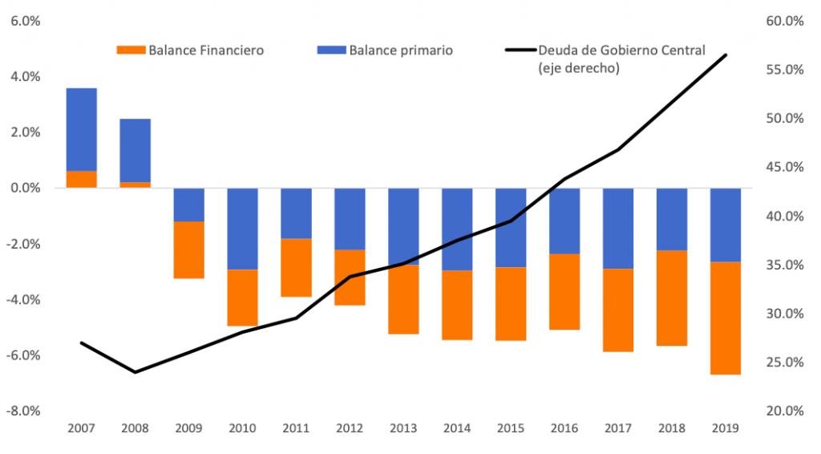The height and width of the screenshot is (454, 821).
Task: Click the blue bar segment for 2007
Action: click(x=81, y=130)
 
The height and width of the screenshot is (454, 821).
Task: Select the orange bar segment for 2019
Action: click(x=725, y=318)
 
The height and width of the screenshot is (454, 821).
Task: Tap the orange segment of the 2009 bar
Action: click(x=188, y=249)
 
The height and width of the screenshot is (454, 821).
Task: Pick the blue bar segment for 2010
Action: click(x=242, y=229)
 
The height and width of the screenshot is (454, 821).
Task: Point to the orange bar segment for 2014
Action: click(x=457, y=306)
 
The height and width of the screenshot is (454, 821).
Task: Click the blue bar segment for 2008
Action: click(x=135, y=150)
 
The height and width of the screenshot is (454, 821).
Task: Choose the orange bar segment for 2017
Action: click(x=618, y=310)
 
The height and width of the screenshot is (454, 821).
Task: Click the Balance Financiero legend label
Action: click(x=206, y=51)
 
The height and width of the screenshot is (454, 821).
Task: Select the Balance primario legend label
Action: click(x=401, y=51)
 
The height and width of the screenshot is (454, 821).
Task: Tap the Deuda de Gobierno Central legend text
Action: click(x=621, y=51)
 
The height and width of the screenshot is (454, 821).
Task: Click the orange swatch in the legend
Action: click(x=131, y=51)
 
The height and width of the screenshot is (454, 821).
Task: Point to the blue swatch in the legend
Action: click(x=331, y=51)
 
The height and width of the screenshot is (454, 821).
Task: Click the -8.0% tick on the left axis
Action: click(x=23, y=411)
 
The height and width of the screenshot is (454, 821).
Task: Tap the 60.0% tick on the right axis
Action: click(x=785, y=21)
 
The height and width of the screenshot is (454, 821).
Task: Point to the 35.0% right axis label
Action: click(x=785, y=265)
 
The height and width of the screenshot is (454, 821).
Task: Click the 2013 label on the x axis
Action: click(x=403, y=428)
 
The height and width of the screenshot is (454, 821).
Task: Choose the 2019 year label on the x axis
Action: click(x=725, y=428)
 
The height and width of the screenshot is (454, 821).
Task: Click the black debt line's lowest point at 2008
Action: click(x=135, y=372)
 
